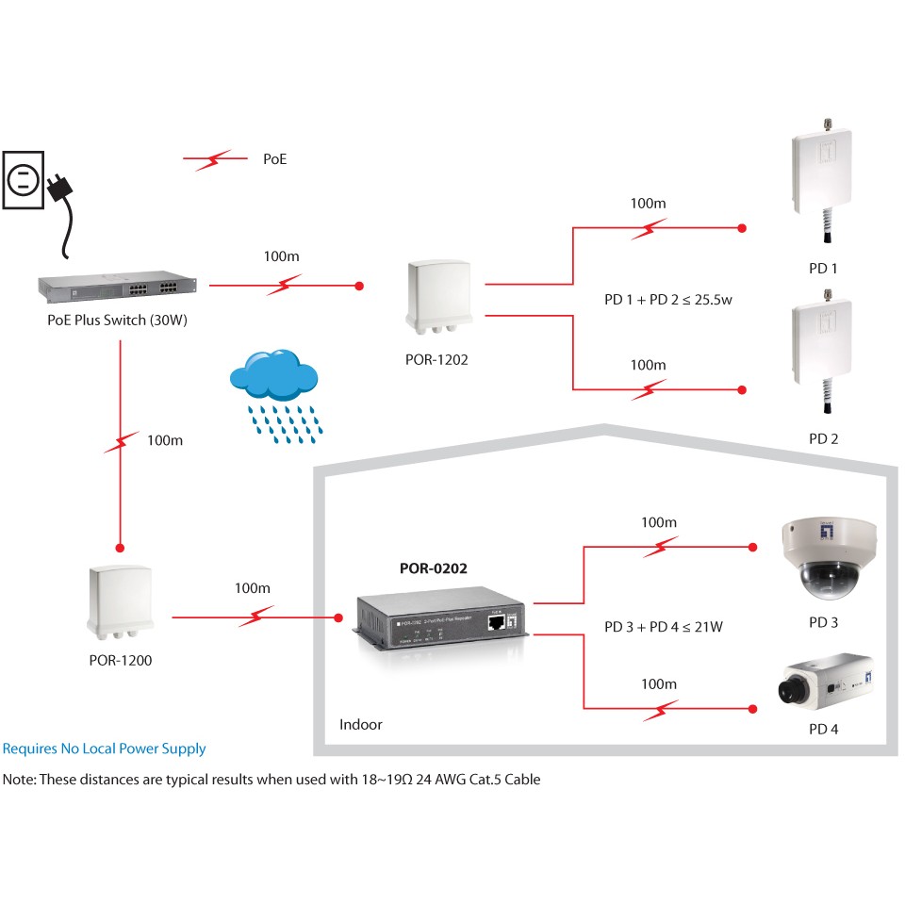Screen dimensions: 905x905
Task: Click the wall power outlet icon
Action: click(23, 178)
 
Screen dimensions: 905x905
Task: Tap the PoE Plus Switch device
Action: click(118, 286)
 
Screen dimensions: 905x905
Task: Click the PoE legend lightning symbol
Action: click(215, 160)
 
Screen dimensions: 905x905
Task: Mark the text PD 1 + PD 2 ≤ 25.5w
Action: click(668, 300)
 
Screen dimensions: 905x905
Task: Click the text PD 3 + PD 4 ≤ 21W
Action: click(664, 626)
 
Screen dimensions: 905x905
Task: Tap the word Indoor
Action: click(361, 725)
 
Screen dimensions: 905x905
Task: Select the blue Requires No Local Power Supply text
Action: click(104, 749)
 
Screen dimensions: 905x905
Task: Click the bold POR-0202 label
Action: click(434, 568)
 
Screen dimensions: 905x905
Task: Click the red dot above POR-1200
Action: click(121, 546)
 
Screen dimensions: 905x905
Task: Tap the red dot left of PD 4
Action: click(752, 707)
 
